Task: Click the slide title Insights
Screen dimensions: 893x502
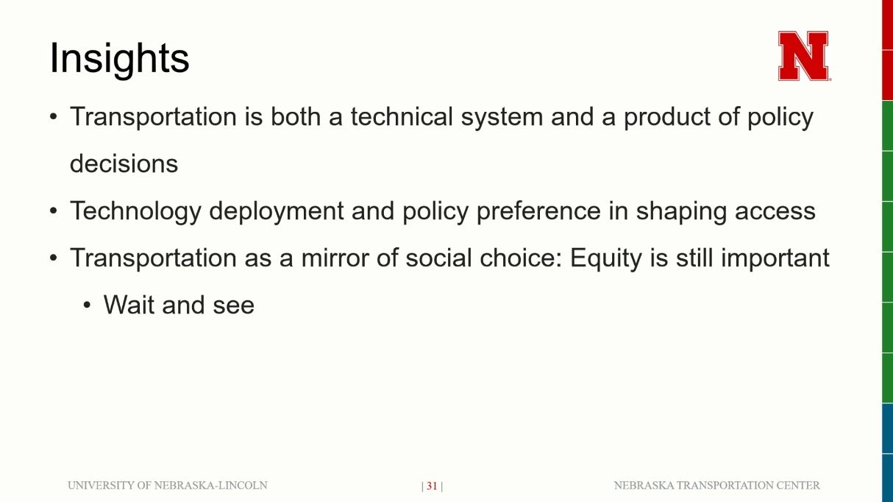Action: [x=119, y=59]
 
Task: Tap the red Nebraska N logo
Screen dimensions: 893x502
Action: [x=804, y=56]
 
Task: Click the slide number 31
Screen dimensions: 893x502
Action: [x=432, y=486]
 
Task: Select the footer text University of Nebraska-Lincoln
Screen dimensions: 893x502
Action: [x=168, y=485]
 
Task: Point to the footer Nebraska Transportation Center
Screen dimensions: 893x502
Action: [x=716, y=485]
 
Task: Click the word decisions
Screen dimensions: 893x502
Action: [x=124, y=163]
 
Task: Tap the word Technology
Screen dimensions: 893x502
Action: [x=135, y=211]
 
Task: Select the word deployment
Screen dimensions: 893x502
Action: [x=277, y=211]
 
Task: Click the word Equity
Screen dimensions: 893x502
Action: [x=605, y=258]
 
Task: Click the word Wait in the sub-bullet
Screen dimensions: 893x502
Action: [x=129, y=305]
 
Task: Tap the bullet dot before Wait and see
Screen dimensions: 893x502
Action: [x=88, y=305]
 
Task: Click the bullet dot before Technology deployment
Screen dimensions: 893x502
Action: [x=54, y=211]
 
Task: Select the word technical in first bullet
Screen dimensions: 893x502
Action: [x=402, y=116]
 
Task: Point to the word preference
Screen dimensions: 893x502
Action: [x=538, y=211]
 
